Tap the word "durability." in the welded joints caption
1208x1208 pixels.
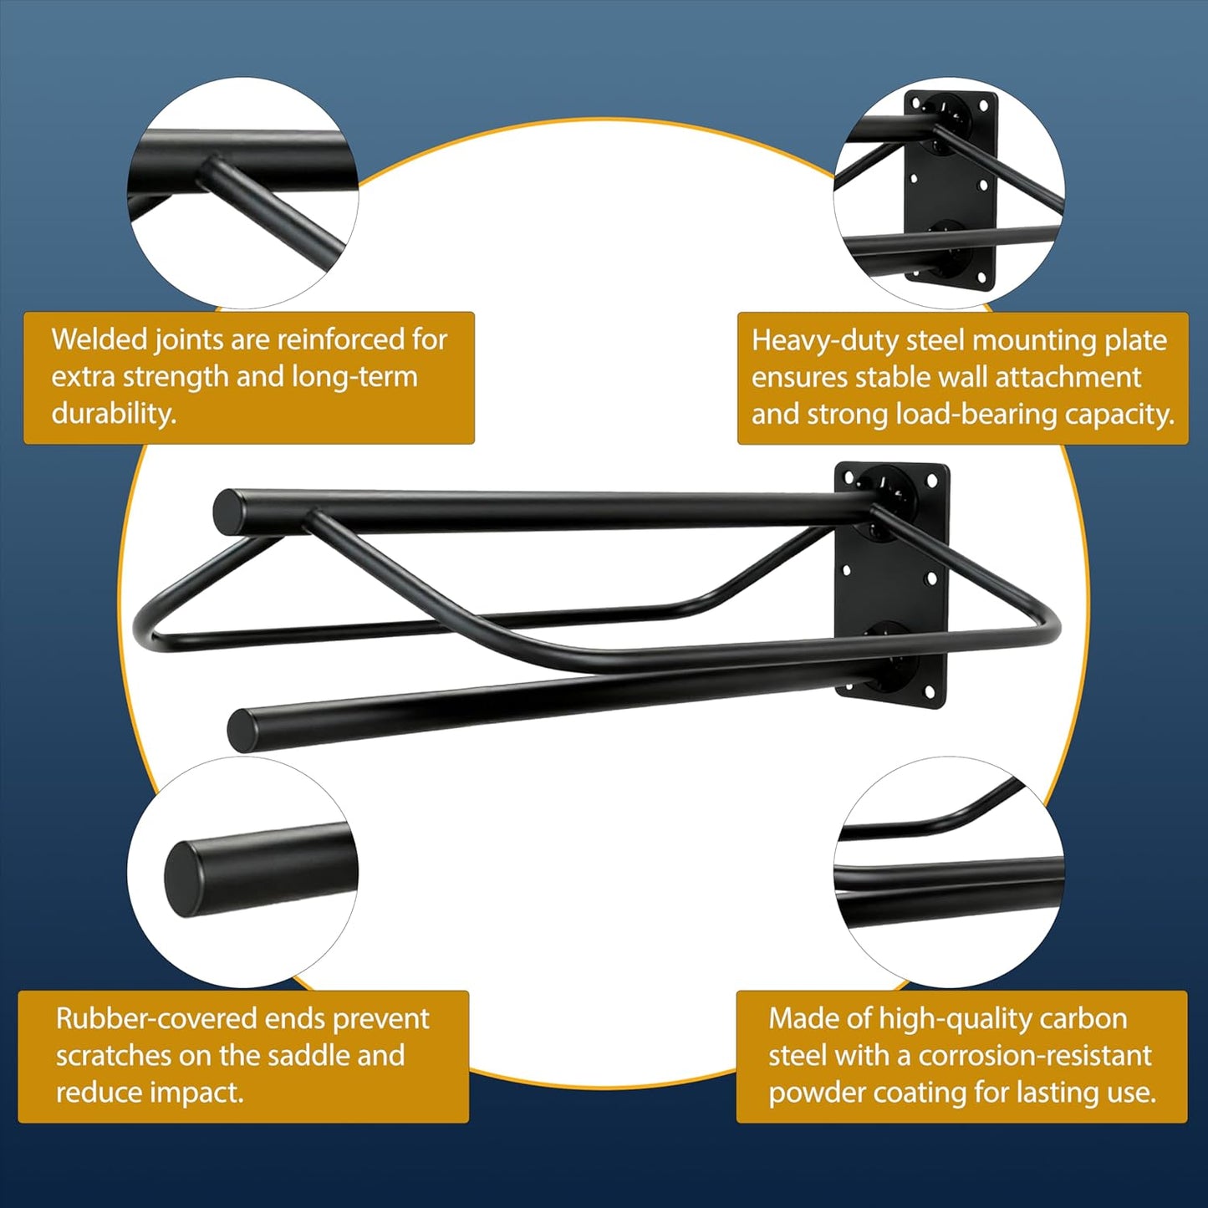(114, 414)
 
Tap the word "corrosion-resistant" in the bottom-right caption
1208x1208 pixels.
(1035, 1057)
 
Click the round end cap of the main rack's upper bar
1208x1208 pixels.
(230, 511)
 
